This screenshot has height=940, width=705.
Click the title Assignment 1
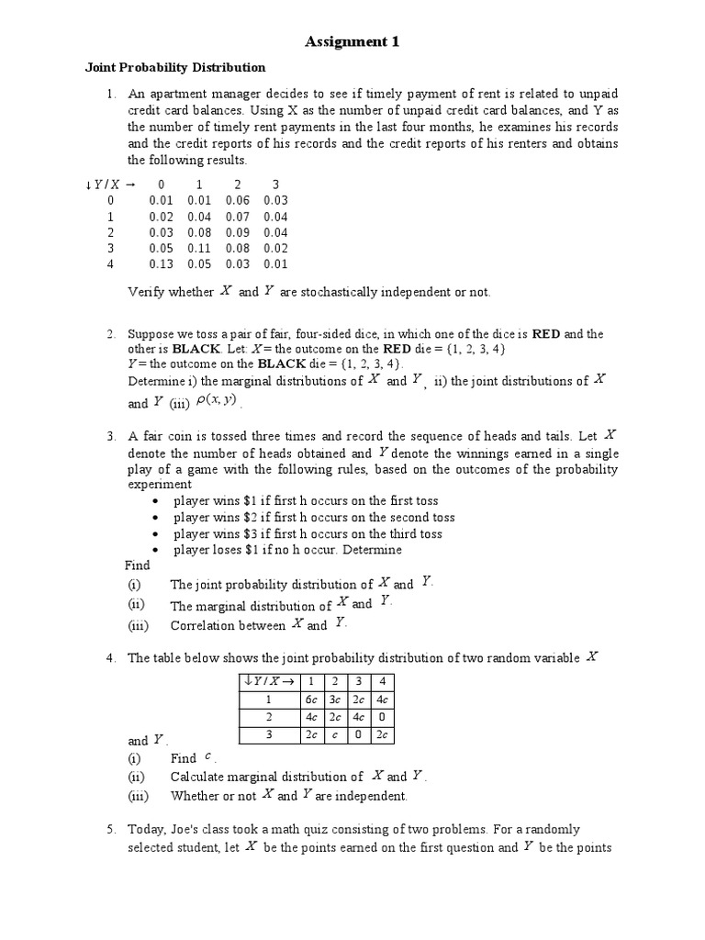(x=352, y=41)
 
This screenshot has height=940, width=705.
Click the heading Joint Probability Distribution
(x=175, y=67)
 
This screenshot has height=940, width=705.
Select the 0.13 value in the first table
(x=161, y=264)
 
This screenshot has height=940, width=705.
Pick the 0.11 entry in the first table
(x=199, y=248)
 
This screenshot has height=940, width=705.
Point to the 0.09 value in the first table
(x=237, y=232)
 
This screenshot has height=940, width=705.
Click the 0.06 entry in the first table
(x=237, y=200)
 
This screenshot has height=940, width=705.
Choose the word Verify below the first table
(x=145, y=292)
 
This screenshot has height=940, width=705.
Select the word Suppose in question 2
(x=152, y=333)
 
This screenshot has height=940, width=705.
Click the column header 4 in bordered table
(x=385, y=680)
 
